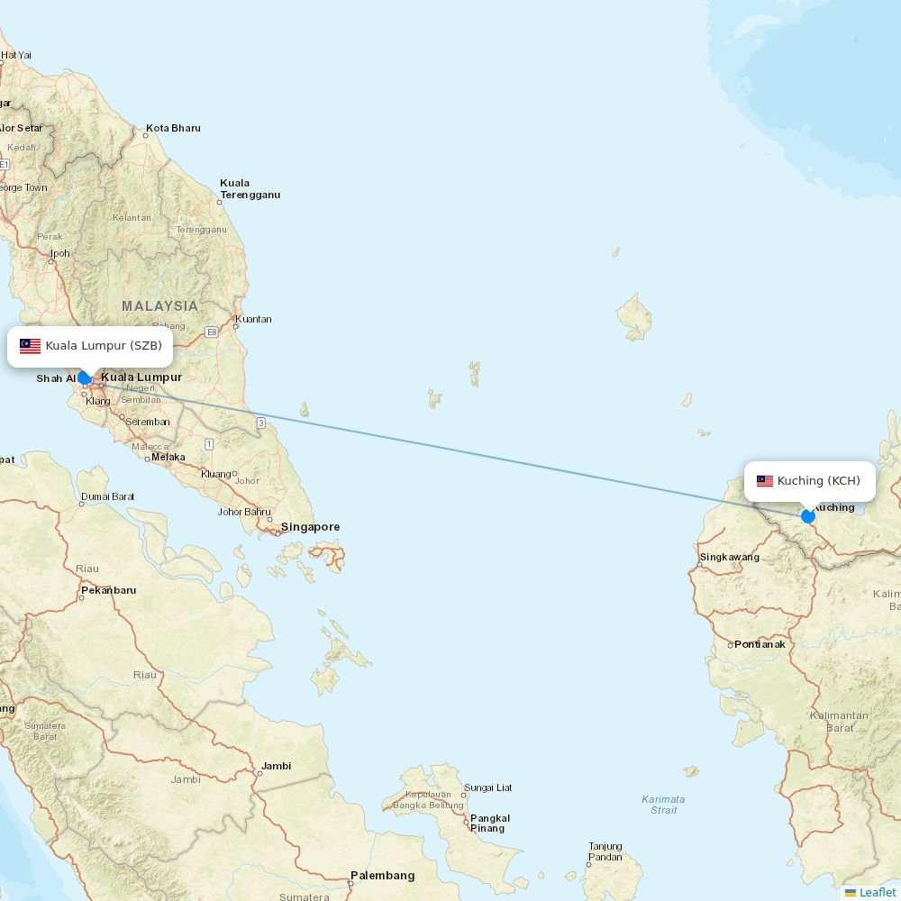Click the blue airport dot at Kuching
(808, 516)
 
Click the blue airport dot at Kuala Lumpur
(85, 378)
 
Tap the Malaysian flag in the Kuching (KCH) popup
(765, 481)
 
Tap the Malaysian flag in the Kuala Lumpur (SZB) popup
(31, 346)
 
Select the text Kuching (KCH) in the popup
(818, 481)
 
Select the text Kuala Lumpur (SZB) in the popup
(104, 346)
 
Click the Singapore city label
(310, 527)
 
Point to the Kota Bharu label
(173, 129)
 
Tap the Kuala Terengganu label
(250, 189)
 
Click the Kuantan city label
(252, 320)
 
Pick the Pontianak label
(760, 645)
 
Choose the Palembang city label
(382, 876)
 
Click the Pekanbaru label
(108, 591)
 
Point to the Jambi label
(276, 767)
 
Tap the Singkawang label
(729, 558)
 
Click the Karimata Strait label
(663, 805)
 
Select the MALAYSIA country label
(159, 306)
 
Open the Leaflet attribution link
(877, 892)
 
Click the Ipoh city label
(59, 254)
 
